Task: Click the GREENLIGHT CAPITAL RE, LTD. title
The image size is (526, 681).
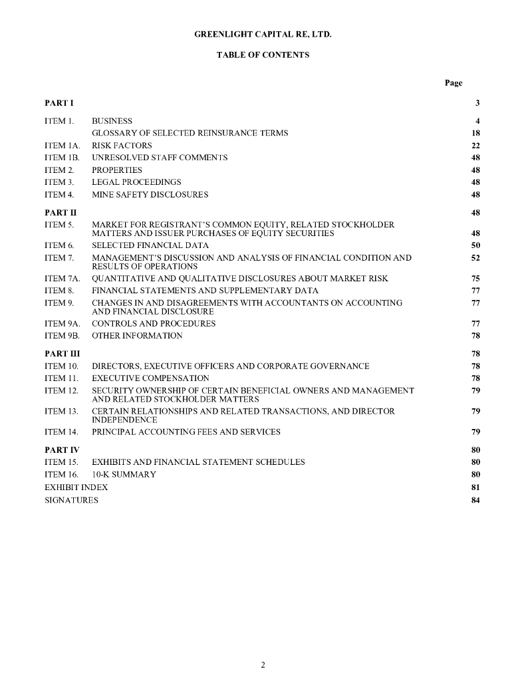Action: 263,32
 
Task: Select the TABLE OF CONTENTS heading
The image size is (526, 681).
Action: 263,55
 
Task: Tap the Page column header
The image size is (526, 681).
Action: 454,83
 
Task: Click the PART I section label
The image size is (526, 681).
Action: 59,103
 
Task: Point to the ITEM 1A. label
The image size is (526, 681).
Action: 62,146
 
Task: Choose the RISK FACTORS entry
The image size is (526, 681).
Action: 122,146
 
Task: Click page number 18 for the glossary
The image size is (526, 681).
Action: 475,133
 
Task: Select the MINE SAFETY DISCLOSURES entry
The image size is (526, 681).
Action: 150,195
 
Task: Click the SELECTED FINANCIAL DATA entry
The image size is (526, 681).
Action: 150,245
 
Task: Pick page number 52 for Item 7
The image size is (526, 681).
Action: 475,257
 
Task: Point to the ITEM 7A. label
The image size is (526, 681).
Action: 62,279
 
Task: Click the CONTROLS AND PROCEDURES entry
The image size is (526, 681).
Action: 154,324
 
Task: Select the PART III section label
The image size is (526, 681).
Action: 62,354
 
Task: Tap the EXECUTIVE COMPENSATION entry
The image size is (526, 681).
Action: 150,378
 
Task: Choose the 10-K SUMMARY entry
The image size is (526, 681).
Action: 124,475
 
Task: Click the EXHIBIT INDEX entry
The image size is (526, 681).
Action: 76,487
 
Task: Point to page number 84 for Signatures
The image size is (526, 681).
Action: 475,500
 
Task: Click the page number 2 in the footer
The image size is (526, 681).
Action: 263,664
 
